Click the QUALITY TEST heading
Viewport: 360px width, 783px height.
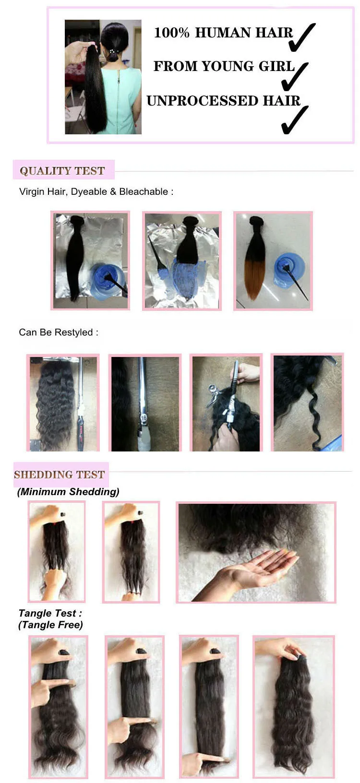[62, 171]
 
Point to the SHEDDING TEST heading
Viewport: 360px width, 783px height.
[60, 475]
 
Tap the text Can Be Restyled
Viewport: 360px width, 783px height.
[56, 332]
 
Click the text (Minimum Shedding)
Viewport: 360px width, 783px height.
[68, 492]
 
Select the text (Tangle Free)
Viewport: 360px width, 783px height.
[51, 625]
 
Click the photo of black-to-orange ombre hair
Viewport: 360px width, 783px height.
[273, 261]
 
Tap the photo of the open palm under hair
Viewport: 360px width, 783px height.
[256, 553]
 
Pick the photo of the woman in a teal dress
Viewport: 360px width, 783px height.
[103, 77]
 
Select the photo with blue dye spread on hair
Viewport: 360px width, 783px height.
[182, 261]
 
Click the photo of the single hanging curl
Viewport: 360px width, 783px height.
[308, 403]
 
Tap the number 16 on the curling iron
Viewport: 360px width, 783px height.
[144, 418]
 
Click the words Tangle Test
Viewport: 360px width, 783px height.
[47, 613]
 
